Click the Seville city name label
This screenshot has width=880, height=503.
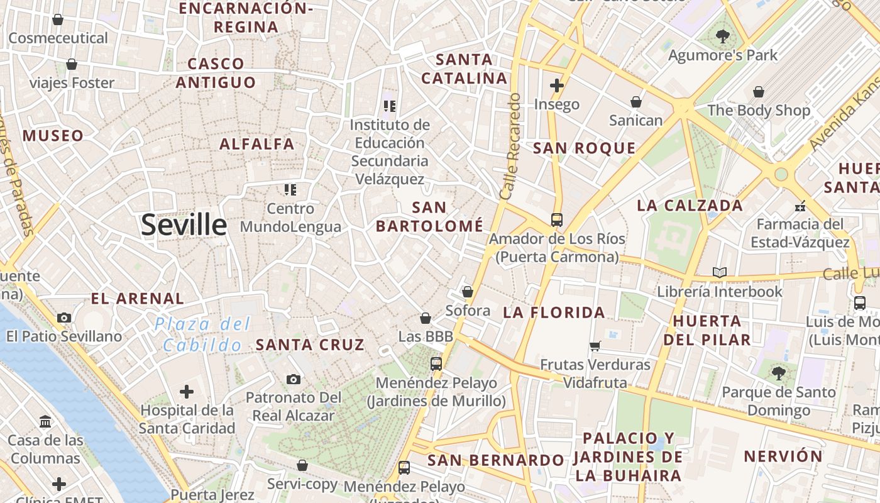[184, 224]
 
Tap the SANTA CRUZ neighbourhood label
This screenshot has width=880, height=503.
[310, 345]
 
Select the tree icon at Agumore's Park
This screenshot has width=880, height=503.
[723, 36]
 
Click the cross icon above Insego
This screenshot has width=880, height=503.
[557, 86]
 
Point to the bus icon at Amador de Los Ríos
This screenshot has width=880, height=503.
[557, 220]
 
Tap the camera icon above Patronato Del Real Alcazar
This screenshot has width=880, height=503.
[294, 379]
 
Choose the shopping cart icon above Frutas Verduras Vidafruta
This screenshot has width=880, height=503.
[595, 346]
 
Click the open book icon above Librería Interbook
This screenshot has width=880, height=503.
[720, 273]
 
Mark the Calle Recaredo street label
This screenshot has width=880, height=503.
[510, 146]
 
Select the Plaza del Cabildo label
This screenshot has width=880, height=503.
[202, 334]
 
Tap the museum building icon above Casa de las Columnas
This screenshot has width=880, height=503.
[45, 421]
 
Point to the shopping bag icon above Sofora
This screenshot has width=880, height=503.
[468, 292]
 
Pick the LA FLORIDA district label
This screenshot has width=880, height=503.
[554, 312]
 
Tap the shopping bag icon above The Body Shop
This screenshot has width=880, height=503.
[759, 92]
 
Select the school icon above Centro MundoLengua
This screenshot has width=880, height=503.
[290, 189]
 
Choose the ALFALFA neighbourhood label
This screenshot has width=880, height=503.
[257, 144]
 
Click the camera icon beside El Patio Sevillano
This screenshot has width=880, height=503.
[64, 318]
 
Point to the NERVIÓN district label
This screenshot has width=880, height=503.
[783, 456]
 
